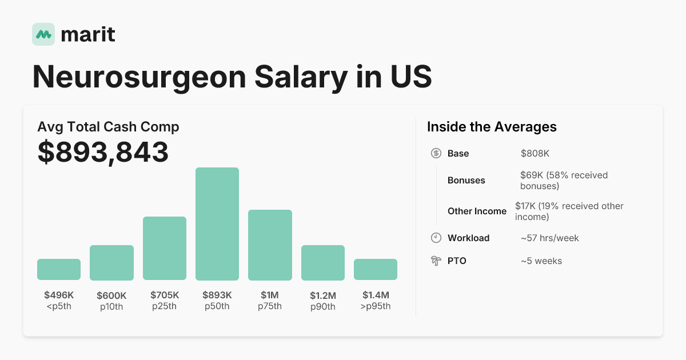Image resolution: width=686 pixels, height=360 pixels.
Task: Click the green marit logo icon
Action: click(x=43, y=34)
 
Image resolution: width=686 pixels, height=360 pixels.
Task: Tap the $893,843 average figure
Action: click(x=103, y=152)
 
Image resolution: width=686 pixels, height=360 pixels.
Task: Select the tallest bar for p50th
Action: click(x=217, y=224)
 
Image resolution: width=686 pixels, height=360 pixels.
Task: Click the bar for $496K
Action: click(x=59, y=269)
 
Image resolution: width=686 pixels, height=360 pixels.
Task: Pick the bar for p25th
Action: click(x=165, y=249)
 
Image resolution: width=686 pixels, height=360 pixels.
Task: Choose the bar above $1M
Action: click(x=270, y=245)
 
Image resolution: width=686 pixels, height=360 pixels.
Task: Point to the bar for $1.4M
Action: click(x=376, y=269)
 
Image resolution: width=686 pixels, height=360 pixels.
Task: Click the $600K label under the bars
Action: click(x=111, y=295)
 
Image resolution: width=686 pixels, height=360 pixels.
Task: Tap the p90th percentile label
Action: click(x=323, y=307)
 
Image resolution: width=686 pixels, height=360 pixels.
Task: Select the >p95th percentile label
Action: click(x=376, y=306)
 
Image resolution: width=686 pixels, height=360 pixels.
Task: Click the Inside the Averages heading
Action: click(x=492, y=127)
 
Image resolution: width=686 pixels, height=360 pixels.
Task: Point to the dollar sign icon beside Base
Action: click(x=436, y=153)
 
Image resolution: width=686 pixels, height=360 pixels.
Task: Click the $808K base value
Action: click(x=535, y=153)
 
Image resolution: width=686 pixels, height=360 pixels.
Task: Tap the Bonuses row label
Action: click(x=466, y=180)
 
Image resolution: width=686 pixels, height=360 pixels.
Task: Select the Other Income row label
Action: click(x=477, y=211)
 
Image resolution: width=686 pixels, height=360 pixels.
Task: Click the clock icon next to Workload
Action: click(x=436, y=238)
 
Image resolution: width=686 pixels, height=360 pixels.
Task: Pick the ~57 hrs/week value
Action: click(x=549, y=238)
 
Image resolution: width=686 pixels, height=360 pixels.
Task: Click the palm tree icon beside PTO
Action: click(x=436, y=261)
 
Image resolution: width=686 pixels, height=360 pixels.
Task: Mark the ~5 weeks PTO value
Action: click(x=541, y=261)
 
